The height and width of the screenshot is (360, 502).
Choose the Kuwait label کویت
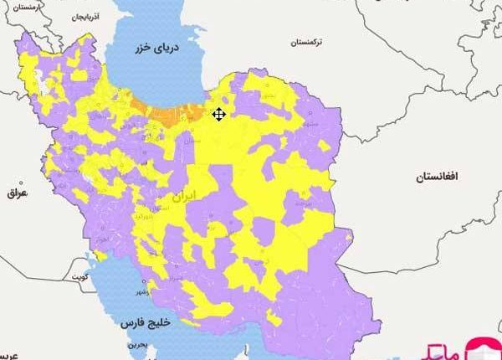(79, 275)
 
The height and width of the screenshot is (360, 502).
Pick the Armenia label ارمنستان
(28, 8)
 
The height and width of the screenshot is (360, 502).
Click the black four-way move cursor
(219, 114)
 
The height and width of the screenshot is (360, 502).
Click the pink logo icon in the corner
(484, 347)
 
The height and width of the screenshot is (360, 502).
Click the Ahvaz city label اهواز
(103, 241)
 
